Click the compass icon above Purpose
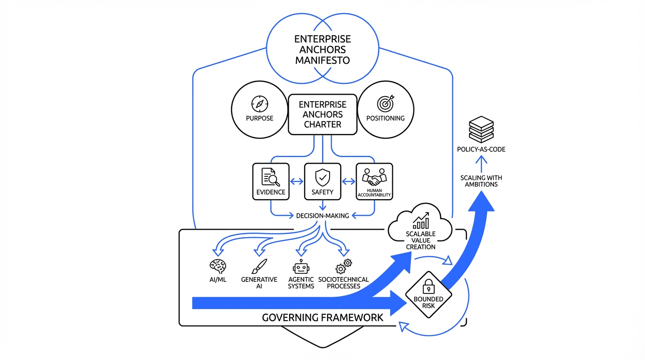[259, 104]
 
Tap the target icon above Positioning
[386, 104]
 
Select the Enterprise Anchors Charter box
[322, 114]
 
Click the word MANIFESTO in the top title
[322, 60]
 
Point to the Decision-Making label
[322, 216]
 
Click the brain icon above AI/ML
[218, 266]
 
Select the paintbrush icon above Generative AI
[259, 266]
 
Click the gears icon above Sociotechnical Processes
[344, 266]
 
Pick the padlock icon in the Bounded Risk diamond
[428, 285]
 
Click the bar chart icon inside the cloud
[420, 220]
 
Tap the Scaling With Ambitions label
[481, 181]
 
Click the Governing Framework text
[322, 317]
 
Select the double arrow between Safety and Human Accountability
[348, 181]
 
